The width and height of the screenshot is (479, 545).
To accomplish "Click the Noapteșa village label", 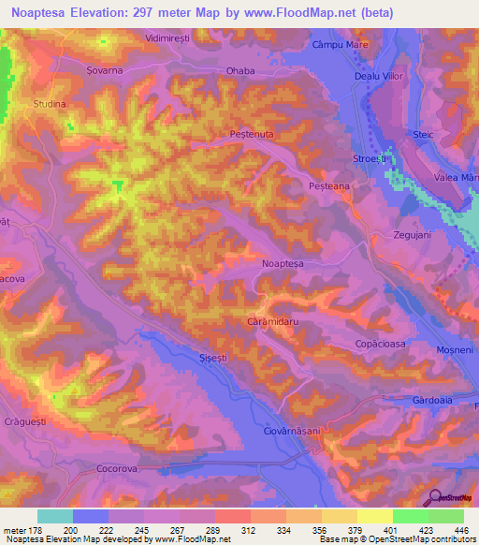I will pyautogui.click(x=283, y=265).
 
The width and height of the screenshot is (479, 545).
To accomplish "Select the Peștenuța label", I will pyautogui.click(x=251, y=135).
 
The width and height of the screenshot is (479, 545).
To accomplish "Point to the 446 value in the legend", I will pyautogui.click(x=460, y=529).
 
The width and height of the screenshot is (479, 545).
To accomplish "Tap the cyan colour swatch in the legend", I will pyautogui.click(x=55, y=516).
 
